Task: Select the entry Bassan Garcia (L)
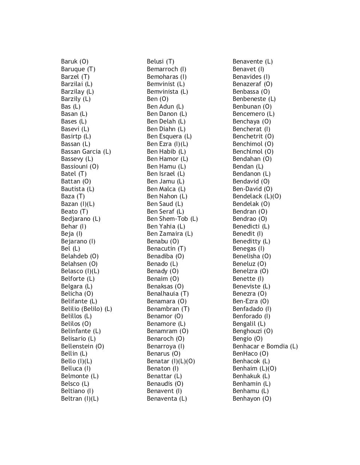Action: [86, 151]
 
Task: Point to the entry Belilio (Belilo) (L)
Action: [86, 309]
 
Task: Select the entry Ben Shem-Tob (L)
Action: [172, 219]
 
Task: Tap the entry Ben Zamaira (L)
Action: [169, 234]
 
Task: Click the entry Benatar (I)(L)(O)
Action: [171, 361]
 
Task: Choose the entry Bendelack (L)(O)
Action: [257, 196]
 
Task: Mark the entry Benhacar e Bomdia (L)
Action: [265, 346]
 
